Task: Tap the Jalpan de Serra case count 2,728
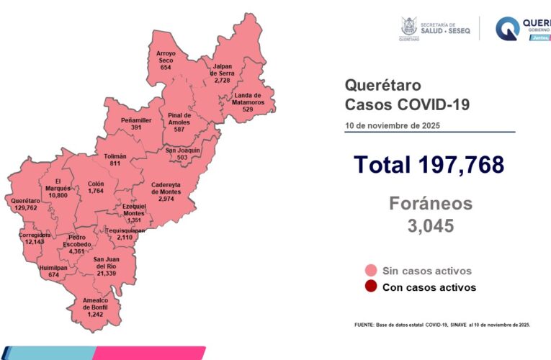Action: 222,81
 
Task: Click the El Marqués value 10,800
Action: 62,195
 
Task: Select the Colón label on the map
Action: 95,184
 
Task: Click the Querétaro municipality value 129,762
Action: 25,207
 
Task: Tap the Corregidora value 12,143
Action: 35,242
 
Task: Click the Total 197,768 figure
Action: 429,164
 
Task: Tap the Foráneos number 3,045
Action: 431,226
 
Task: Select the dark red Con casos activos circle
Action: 371,287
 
